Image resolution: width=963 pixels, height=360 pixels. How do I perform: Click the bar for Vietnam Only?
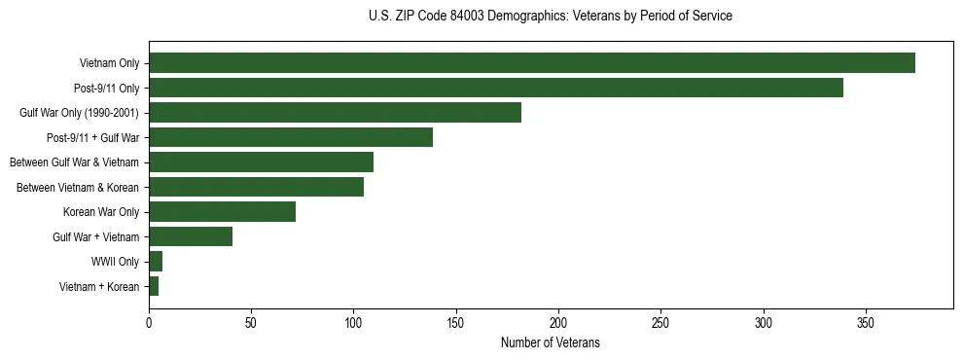(531, 63)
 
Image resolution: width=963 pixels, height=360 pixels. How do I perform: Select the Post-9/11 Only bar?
(495, 88)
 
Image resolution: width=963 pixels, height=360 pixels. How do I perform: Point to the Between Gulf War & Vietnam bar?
(261, 162)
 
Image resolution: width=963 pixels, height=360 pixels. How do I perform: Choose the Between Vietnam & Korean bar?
(256, 187)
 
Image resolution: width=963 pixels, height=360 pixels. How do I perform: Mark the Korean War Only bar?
(222, 211)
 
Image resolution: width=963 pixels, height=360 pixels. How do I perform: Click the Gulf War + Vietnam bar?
(191, 236)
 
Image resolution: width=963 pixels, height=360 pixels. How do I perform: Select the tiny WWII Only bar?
(156, 261)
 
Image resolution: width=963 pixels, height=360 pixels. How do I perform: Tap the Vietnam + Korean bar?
(154, 286)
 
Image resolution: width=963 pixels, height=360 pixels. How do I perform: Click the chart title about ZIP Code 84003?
(551, 17)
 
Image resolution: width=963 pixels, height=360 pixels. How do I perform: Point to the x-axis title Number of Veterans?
(551, 343)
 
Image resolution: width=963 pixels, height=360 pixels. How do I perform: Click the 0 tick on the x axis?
(149, 323)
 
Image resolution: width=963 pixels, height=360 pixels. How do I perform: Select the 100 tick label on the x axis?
(354, 323)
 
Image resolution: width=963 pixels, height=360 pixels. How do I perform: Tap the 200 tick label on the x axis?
(558, 323)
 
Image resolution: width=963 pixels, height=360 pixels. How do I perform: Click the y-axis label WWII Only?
(115, 262)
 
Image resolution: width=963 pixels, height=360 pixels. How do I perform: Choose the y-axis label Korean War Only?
(101, 212)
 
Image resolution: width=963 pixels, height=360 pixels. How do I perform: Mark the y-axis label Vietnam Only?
(109, 64)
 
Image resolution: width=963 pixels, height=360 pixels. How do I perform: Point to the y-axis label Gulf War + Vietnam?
(95, 237)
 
